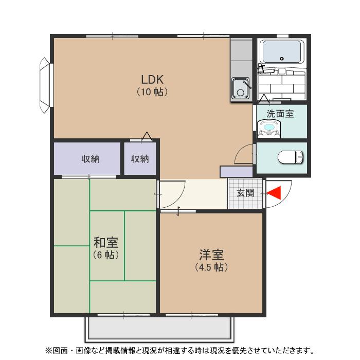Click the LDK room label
(x=152, y=80)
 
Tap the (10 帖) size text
(x=152, y=93)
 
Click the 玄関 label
(x=245, y=193)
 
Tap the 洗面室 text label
(x=280, y=114)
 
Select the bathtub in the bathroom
(x=281, y=52)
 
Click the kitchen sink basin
(x=240, y=88)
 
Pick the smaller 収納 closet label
(x=139, y=159)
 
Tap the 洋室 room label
(x=211, y=255)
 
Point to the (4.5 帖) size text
(x=211, y=267)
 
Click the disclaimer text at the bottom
(x=179, y=351)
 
